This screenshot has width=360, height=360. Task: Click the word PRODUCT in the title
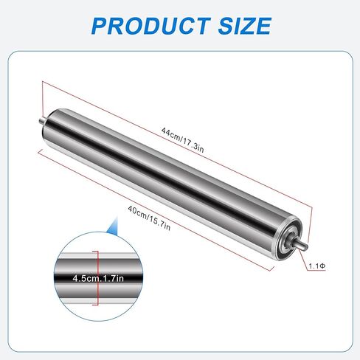click(151, 26)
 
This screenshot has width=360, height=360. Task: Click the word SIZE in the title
click(245, 26)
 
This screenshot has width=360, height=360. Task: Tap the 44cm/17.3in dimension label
click(183, 140)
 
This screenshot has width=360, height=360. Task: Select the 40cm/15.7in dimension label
click(149, 218)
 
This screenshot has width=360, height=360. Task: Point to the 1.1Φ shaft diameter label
click(317, 266)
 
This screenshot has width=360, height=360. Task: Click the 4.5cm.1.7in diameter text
click(98, 278)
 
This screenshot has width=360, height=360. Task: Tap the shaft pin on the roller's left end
click(41, 120)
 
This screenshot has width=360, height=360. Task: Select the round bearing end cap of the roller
click(286, 239)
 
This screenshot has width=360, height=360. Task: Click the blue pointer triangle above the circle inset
click(114, 226)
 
